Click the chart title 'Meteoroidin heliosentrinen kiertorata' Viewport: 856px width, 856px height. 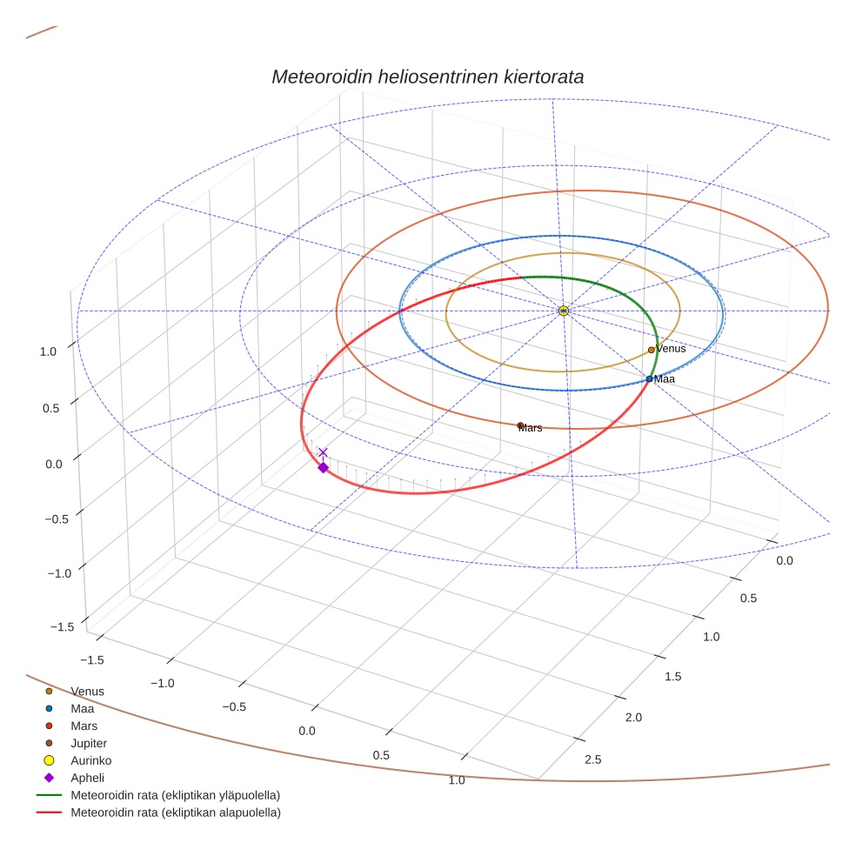(x=427, y=77)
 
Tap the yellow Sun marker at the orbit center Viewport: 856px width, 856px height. (x=564, y=311)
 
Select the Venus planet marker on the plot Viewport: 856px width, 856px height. (x=651, y=350)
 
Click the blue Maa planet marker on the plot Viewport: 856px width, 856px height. (x=649, y=378)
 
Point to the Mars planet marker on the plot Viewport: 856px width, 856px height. (x=520, y=425)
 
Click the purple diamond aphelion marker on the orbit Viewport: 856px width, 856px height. (x=323, y=468)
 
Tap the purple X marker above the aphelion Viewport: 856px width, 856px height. (x=323, y=452)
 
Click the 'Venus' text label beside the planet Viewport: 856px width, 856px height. (x=671, y=349)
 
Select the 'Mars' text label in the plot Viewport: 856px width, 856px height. (x=531, y=428)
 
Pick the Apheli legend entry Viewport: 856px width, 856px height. (x=87, y=778)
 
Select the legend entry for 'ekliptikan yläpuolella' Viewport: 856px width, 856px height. (x=175, y=795)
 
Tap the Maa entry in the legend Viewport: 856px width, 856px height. (x=83, y=708)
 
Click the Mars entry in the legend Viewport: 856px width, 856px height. (x=84, y=726)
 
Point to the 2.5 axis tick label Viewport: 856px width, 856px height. (x=592, y=760)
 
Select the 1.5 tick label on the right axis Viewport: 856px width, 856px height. (x=672, y=677)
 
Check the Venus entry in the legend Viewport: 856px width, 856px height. (x=87, y=691)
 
